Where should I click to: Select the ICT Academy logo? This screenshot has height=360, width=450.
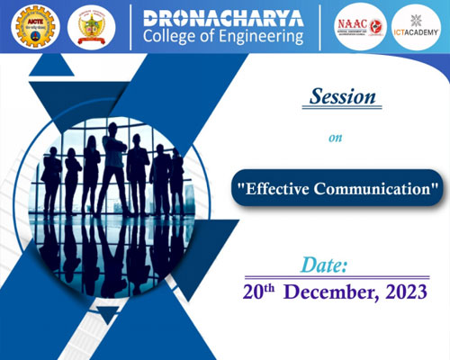(x=416, y=28)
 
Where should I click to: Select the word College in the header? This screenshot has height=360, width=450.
(x=168, y=38)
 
